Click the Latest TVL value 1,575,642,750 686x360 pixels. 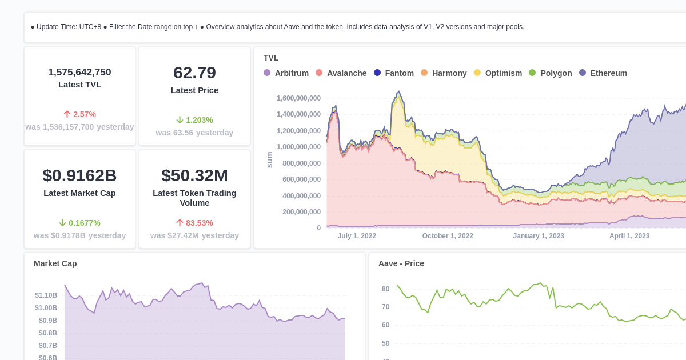click(x=79, y=73)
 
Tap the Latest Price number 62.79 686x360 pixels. click(x=194, y=73)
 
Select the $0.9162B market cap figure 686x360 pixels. click(x=79, y=175)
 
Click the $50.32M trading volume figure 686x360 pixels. click(x=194, y=175)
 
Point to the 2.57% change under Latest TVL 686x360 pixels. click(x=79, y=114)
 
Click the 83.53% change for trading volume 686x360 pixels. click(x=194, y=223)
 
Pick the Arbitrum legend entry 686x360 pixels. click(x=286, y=73)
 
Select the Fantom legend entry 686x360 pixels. click(x=394, y=73)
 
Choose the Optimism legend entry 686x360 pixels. click(x=498, y=73)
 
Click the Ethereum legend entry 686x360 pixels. click(x=603, y=73)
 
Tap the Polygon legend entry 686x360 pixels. click(x=551, y=73)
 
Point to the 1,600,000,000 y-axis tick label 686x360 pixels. click(x=298, y=98)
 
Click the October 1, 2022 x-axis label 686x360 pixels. click(x=448, y=236)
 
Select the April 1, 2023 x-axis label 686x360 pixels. click(x=629, y=236)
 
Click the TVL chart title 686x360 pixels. click(x=271, y=58)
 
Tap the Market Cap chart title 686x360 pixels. click(x=55, y=263)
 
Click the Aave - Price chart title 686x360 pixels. click(x=401, y=263)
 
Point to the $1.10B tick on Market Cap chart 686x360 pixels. click(x=46, y=295)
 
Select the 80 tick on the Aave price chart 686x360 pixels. click(x=385, y=289)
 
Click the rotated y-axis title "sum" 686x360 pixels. click(x=270, y=160)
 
